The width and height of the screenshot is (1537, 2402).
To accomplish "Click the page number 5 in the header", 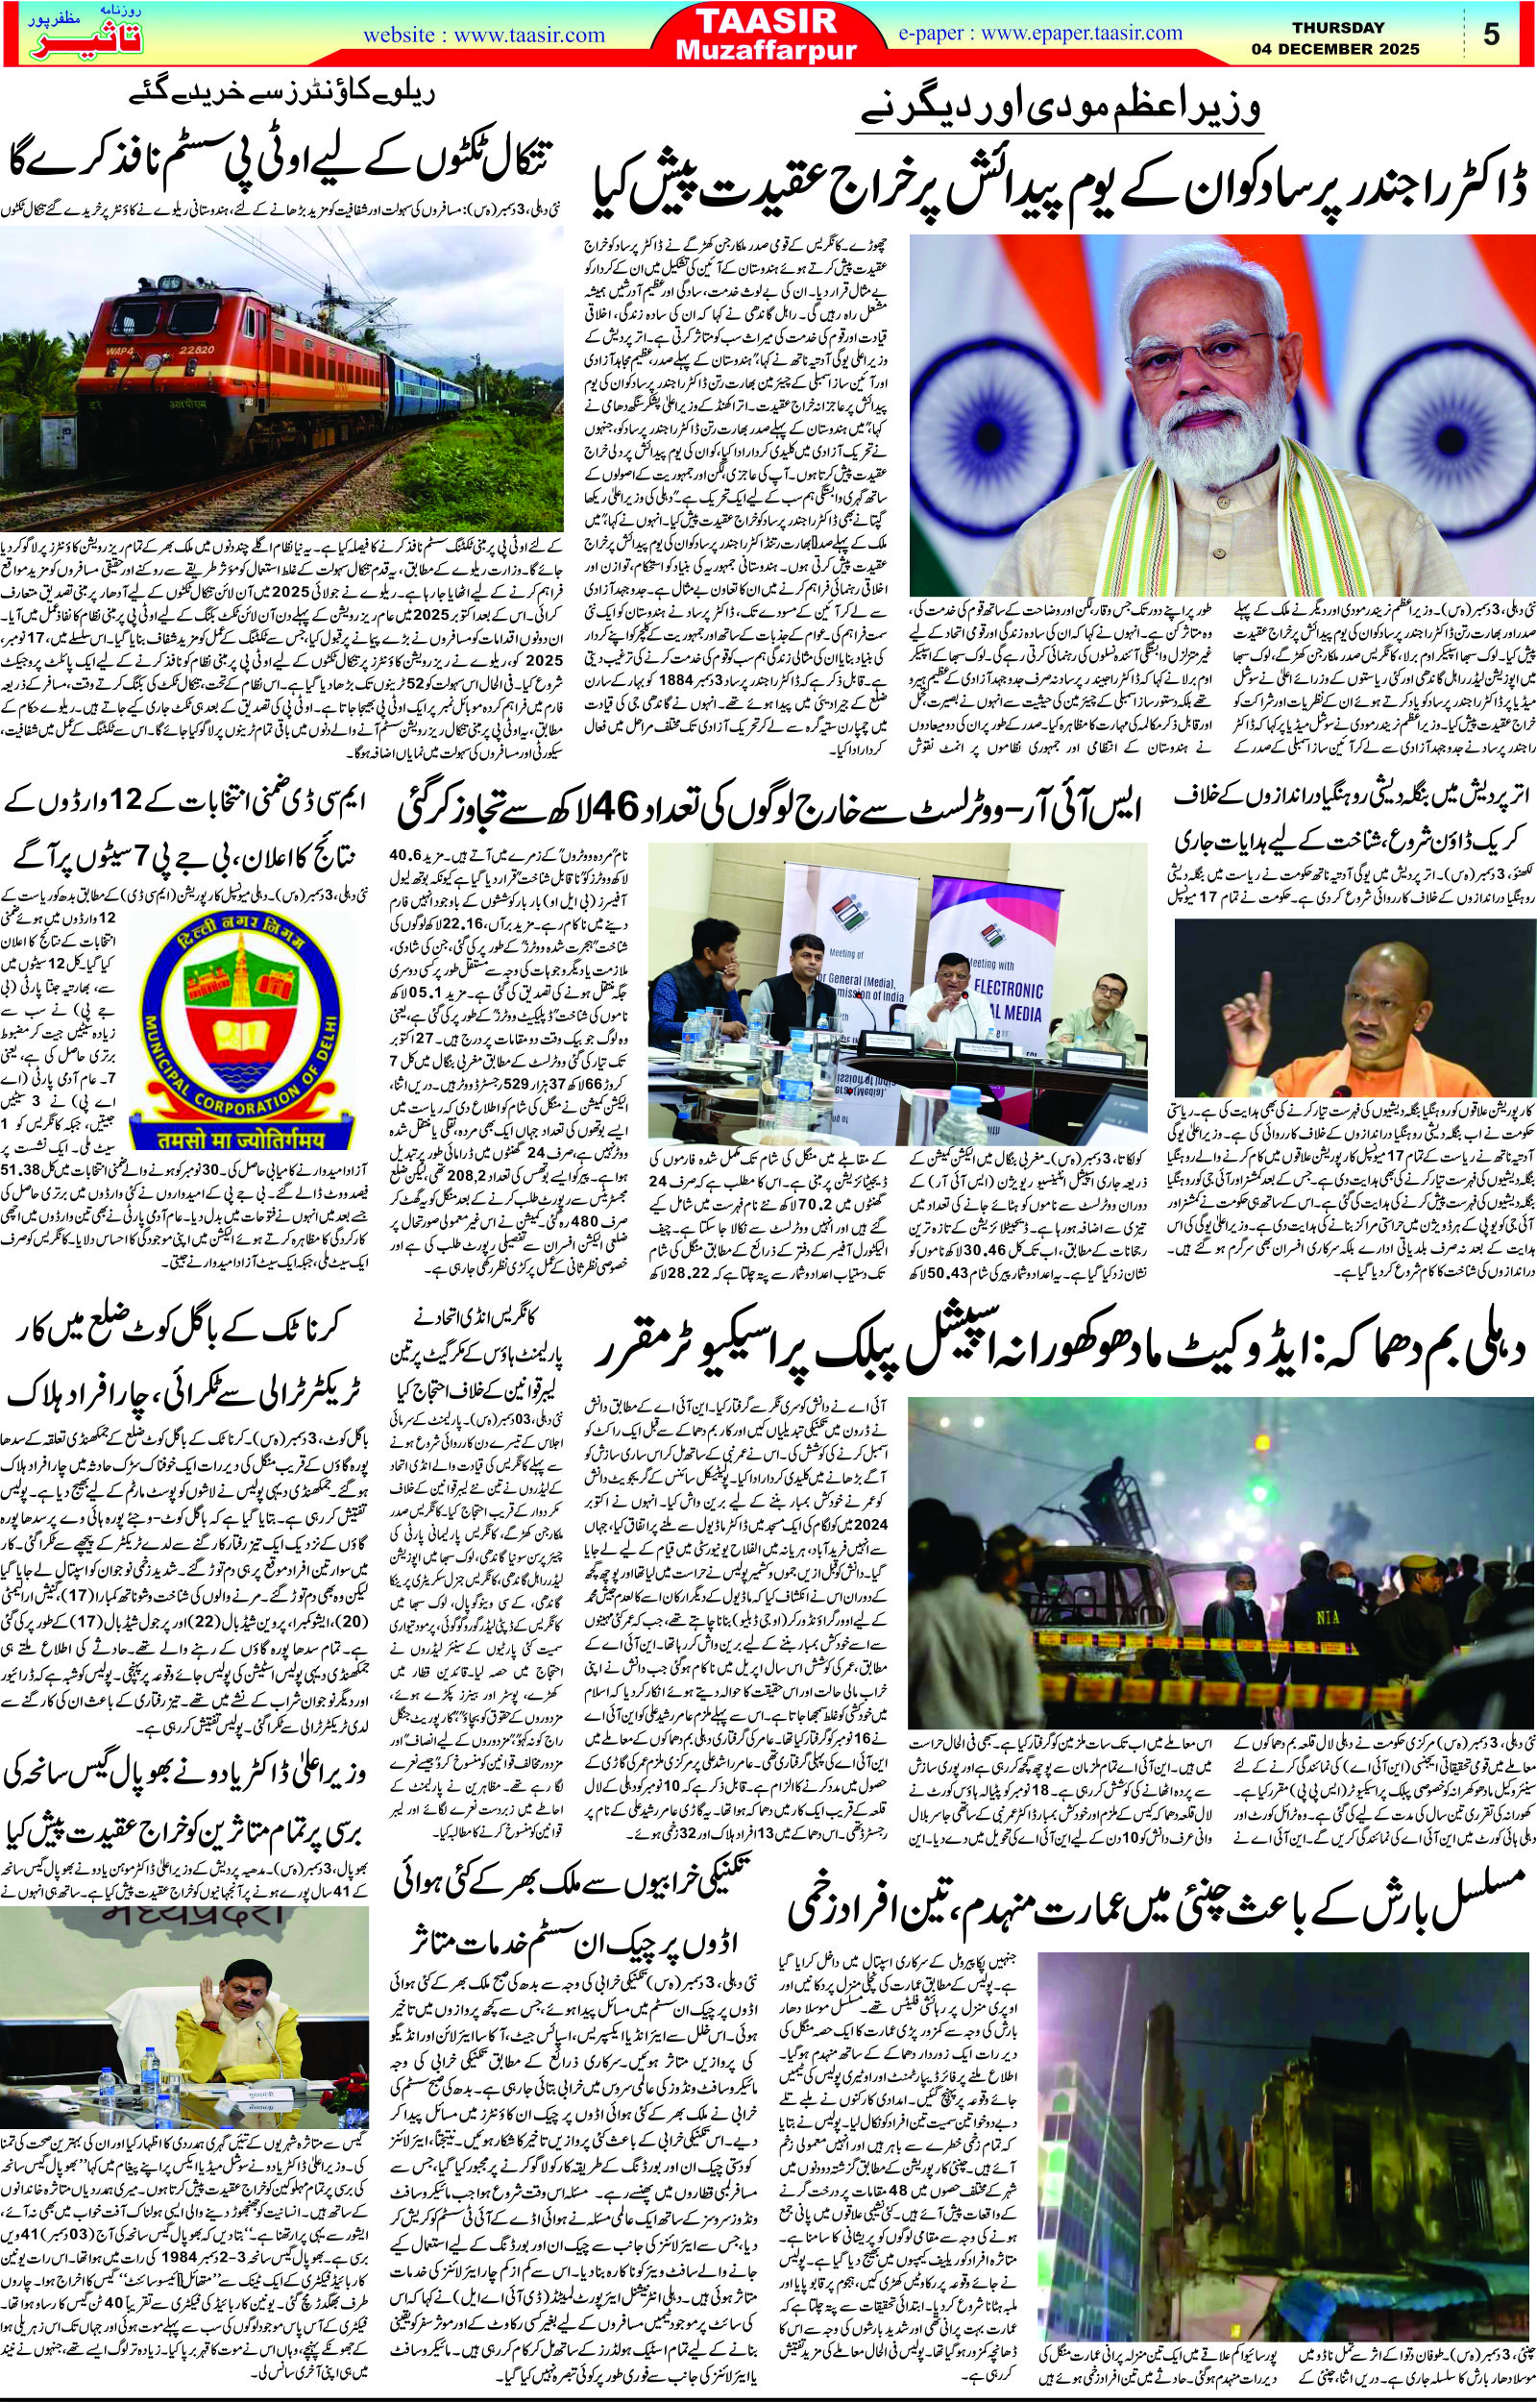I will click(x=1492, y=34).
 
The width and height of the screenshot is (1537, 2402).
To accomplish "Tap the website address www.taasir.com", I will click(x=485, y=35).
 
